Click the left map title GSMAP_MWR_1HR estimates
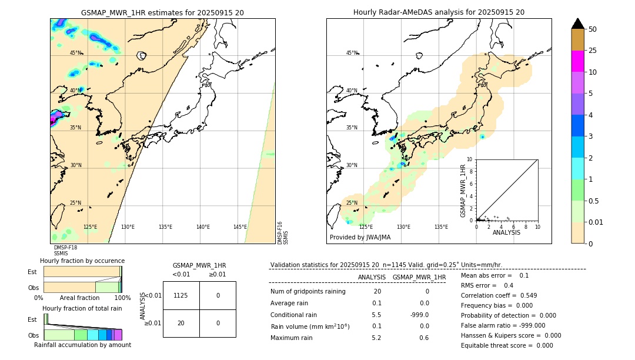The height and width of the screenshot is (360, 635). point(162,12)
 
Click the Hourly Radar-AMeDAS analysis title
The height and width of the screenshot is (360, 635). point(439,12)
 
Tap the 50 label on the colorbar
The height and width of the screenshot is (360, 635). point(593,29)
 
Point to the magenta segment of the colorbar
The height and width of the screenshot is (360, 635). point(577,61)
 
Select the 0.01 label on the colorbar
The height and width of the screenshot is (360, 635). point(596,222)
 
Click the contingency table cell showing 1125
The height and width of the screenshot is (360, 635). point(181,295)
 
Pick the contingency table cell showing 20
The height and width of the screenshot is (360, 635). point(181,323)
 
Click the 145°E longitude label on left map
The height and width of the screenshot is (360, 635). point(240,227)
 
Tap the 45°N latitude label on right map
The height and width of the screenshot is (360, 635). point(352,53)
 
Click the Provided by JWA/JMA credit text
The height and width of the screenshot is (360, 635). point(360,238)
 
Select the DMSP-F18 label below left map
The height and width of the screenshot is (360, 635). point(65,248)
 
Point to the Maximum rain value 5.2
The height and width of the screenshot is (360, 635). point(376,338)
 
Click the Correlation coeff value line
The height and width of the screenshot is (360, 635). point(499,295)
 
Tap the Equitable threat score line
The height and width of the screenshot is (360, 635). point(507,345)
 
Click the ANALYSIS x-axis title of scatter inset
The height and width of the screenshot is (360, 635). point(506,232)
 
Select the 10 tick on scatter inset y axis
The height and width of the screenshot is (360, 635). point(469,159)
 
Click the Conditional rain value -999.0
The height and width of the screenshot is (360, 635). point(419,315)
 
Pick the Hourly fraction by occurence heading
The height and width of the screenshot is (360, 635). point(82,261)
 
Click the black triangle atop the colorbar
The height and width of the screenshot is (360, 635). point(577,24)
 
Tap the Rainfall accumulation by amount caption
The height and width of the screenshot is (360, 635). point(82,345)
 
